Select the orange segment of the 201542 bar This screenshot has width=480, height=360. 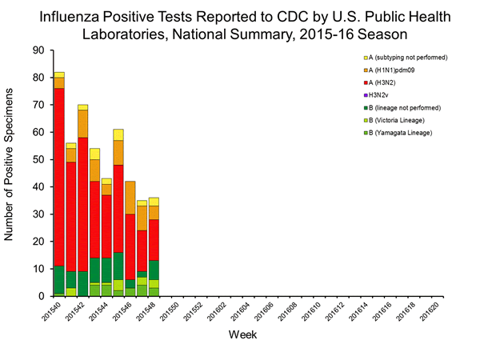[x=83, y=124]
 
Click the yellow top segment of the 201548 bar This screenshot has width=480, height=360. [x=154, y=202]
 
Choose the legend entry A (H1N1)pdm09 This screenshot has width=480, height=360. [x=397, y=70]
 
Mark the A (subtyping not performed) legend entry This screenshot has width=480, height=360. [x=404, y=58]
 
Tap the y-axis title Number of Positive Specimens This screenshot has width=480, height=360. [x=11, y=172]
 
